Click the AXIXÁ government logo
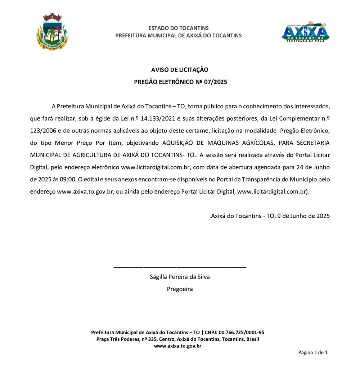pos(305,32)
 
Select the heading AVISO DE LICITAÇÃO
pos(180,70)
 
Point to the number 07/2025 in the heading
pos(215,82)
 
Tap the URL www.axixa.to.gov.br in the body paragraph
pos(86,192)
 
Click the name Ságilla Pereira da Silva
pos(180,277)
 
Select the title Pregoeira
pos(180,289)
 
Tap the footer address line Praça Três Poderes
pos(177,339)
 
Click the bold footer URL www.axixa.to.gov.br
pos(177,346)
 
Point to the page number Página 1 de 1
pos(313,352)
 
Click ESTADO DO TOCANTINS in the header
pos(178,28)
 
